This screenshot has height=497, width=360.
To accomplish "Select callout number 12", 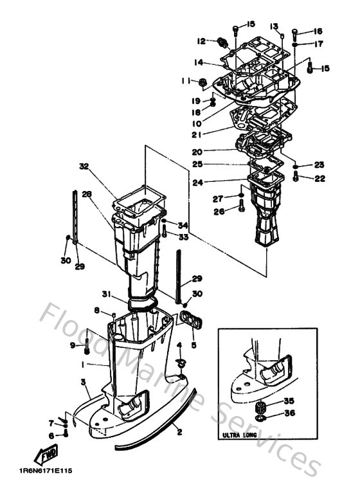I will [201, 41].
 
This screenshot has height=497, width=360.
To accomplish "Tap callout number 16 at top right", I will [318, 32].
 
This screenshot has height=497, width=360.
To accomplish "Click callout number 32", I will [83, 166].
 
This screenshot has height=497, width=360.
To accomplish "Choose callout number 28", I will [86, 194].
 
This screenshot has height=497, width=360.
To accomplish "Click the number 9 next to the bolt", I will [73, 345].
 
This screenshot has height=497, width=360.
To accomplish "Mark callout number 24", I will [197, 182].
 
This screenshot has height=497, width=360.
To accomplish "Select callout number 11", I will [185, 81].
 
